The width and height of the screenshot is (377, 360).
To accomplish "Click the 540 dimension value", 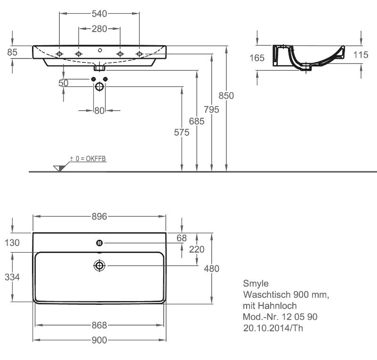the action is tap(99, 14).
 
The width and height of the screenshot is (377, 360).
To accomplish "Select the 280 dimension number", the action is tap(99, 29).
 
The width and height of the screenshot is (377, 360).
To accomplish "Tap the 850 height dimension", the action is tap(226, 96).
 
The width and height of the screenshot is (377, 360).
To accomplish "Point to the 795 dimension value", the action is tap(212, 109).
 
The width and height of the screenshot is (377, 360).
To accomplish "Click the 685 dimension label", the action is tap(197, 121).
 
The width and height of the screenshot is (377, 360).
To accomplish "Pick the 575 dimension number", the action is tap(182, 132).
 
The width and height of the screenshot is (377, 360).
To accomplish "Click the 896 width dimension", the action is tap(99, 217).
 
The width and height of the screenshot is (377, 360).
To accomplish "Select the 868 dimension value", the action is tap(99, 325).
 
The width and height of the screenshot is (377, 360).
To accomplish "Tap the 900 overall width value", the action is tap(99, 340).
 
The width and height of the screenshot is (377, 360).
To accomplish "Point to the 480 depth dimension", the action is tap(212, 269).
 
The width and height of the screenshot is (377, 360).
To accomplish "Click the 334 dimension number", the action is tap(12, 277).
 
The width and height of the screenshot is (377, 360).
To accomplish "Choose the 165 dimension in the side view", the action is tap(257, 58).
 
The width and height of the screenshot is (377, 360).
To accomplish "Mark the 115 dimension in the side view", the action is tap(361, 55).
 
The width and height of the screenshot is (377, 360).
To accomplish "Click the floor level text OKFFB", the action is tap(96, 159).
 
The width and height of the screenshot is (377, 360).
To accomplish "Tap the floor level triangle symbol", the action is tap(59, 168).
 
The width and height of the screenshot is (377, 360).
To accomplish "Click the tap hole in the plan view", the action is tap(99, 243).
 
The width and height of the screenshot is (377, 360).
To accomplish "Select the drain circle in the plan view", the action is tap(99, 266).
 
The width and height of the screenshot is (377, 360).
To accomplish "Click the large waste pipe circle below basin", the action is tap(99, 87).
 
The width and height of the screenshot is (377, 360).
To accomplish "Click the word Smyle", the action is tap(256, 284).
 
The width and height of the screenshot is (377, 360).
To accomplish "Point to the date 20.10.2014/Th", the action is tap(273, 328).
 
